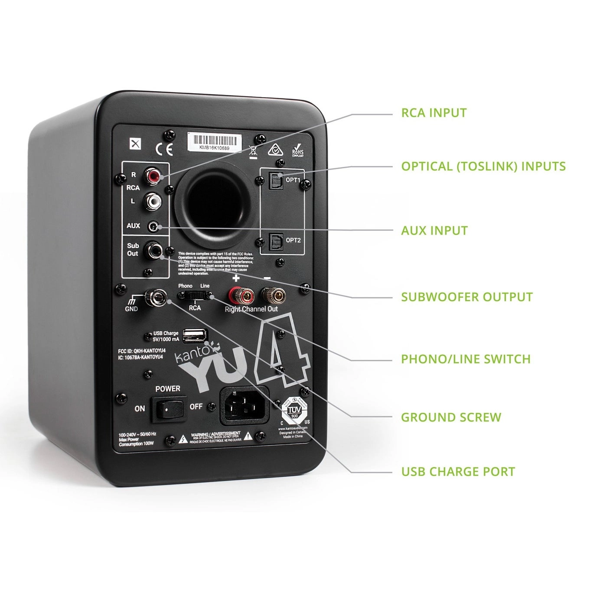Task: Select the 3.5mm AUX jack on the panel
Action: point(154,226)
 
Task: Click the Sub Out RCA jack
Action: point(153,250)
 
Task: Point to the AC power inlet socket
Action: point(245,406)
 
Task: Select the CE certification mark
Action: point(164,149)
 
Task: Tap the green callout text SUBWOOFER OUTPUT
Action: point(467,297)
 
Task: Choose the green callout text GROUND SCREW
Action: point(451,418)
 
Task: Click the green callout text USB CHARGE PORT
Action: point(458,472)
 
